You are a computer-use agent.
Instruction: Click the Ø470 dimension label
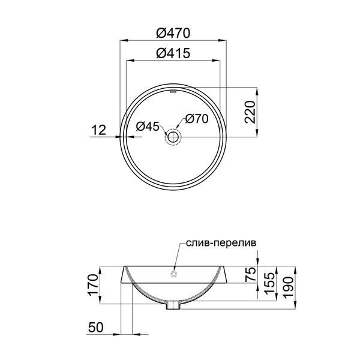pos(173,33)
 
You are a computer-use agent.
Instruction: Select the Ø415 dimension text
pos(173,53)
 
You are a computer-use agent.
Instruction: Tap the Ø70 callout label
pos(197,119)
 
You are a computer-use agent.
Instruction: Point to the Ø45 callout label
pos(148,127)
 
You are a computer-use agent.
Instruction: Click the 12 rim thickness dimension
pos(99,130)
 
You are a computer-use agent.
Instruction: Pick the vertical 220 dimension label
pos(250,112)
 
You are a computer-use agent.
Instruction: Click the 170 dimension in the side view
pos(94,284)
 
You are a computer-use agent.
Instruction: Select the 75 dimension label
pos(251,274)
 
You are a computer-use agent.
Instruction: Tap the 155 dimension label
pos(269,283)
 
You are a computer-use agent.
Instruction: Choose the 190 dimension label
pos(289,287)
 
